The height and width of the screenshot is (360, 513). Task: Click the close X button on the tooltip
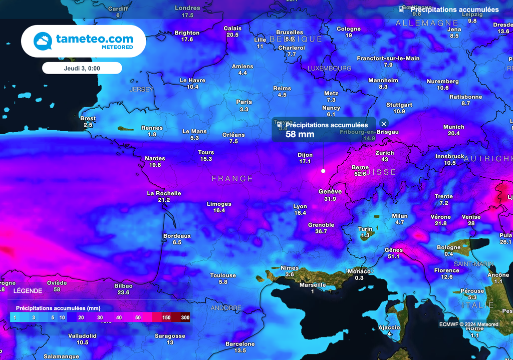pyautogui.click(x=384, y=124)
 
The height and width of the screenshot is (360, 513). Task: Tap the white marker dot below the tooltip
pyautogui.click(x=323, y=171)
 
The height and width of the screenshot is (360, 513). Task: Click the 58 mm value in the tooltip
pyautogui.click(x=300, y=134)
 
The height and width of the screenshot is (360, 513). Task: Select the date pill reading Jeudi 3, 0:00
pyautogui.click(x=82, y=68)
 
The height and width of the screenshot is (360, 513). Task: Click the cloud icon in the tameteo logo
pyautogui.click(x=43, y=41)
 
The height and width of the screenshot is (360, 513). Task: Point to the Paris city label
pyautogui.click(x=244, y=102)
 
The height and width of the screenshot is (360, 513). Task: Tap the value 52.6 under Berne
pyautogui.click(x=360, y=174)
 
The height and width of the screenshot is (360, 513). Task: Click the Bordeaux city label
pyautogui.click(x=177, y=236)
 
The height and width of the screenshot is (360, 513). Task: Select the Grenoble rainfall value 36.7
pyautogui.click(x=321, y=232)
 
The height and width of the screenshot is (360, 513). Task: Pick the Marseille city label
pyautogui.click(x=312, y=285)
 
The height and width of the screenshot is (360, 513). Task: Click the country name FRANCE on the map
pyautogui.click(x=232, y=179)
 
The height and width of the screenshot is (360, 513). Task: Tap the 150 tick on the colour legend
pyautogui.click(x=166, y=317)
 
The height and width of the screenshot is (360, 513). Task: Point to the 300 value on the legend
pyautogui.click(x=185, y=317)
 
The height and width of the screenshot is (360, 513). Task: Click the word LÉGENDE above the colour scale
pyautogui.click(x=28, y=290)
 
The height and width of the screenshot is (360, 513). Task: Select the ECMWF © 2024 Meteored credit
pyautogui.click(x=468, y=324)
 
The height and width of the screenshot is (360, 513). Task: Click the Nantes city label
pyautogui.click(x=155, y=159)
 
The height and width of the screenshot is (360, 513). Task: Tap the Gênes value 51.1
pyautogui.click(x=393, y=257)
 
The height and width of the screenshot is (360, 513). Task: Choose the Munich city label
pyautogui.click(x=453, y=127)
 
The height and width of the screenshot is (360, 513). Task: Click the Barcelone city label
pyautogui.click(x=240, y=344)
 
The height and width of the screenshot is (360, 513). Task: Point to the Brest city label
pyautogui.click(x=88, y=119)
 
